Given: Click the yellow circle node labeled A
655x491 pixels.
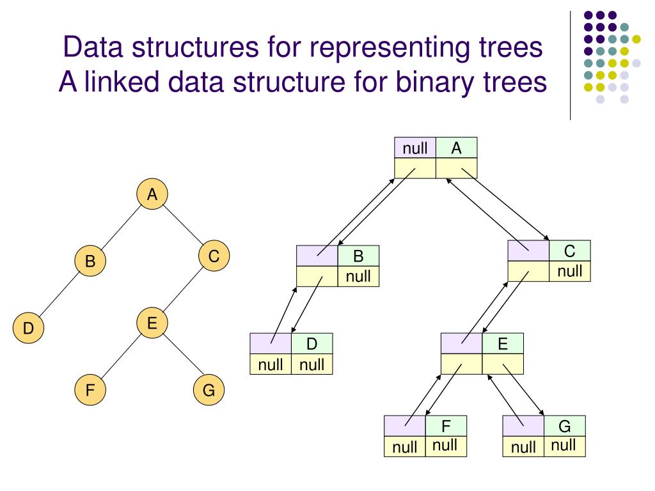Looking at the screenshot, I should [x=152, y=195].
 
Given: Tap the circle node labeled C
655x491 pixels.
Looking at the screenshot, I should [x=214, y=256].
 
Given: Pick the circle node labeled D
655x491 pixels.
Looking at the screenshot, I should [x=28, y=329].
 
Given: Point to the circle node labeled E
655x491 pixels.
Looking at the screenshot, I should [x=152, y=322].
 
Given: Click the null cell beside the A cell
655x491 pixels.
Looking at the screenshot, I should [x=415, y=148].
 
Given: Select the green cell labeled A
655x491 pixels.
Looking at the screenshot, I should [x=456, y=148].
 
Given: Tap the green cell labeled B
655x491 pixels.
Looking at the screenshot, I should [x=358, y=256].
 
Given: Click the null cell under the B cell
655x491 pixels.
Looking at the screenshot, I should [x=358, y=276].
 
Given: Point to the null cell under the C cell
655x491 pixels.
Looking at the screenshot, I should [x=570, y=271].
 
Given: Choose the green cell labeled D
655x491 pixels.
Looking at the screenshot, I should [x=312, y=344].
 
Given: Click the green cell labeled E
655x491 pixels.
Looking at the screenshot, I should [x=503, y=344].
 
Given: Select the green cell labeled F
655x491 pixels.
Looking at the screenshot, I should [x=446, y=426].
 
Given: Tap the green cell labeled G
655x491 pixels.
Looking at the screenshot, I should [x=564, y=426].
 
